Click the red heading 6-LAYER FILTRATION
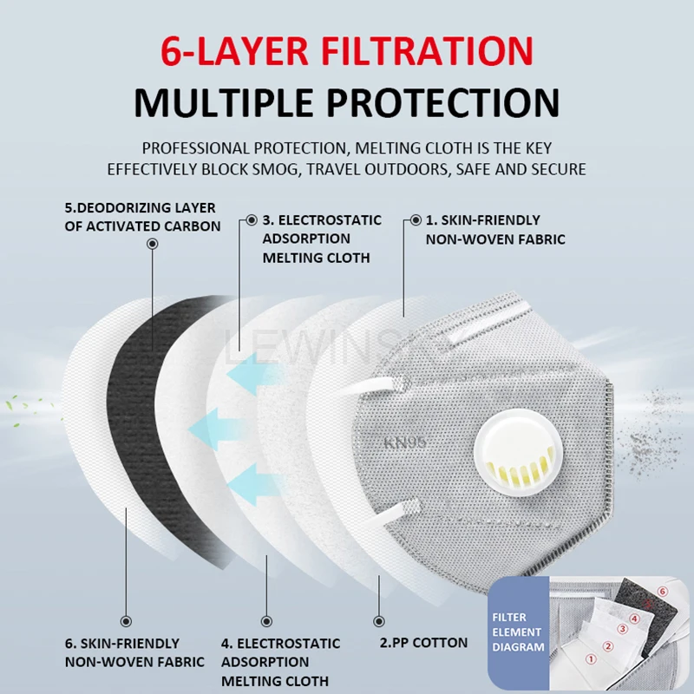coord(346,51)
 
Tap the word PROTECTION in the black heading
coord(443,102)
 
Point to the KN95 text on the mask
coord(404,442)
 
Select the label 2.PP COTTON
coord(423,643)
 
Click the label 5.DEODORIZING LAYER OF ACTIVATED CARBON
coord(142,217)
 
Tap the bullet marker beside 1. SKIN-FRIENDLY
coord(416,220)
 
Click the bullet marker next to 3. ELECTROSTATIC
coord(252,220)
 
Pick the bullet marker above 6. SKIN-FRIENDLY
coord(126,621)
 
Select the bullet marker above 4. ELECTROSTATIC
coord(266,621)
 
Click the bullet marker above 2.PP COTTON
coord(379,621)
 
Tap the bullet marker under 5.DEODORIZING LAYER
coord(153,244)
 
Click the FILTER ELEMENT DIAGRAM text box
coord(518,632)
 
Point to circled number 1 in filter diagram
coord(591,659)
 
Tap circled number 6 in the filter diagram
coord(662,592)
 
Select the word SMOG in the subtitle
coord(275,169)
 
